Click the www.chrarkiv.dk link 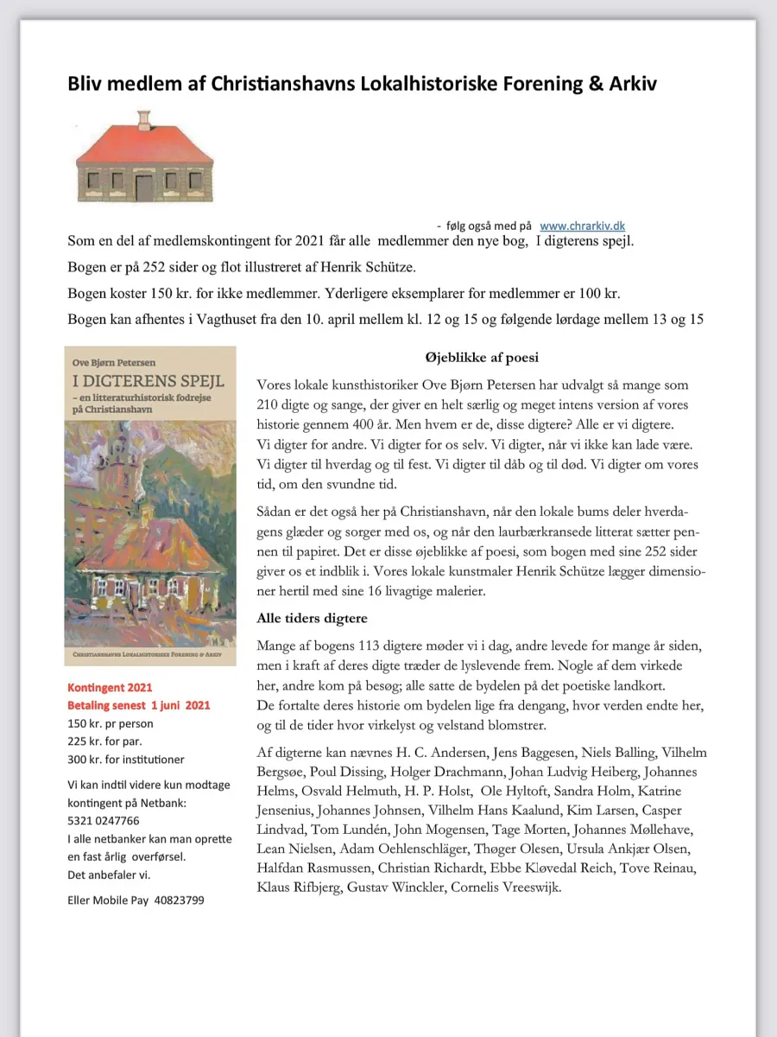(582, 226)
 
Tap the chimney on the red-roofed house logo (144, 119)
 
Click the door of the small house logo (143, 186)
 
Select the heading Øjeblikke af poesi (482, 356)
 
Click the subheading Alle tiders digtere (312, 618)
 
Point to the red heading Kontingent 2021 (110, 688)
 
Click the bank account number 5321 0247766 (103, 820)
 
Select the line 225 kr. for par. (104, 741)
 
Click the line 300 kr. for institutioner (125, 759)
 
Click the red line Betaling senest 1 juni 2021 (139, 705)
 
